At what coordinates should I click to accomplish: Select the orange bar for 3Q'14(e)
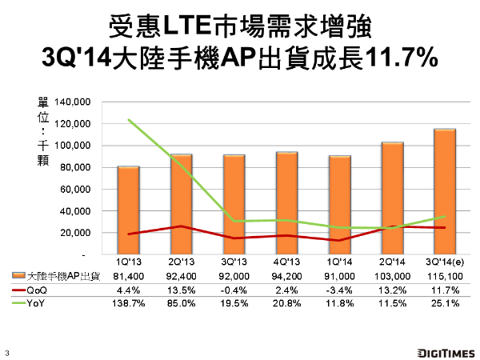(x=445, y=191)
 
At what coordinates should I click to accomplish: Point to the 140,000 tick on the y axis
(x=73, y=102)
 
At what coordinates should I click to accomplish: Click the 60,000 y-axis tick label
(x=75, y=190)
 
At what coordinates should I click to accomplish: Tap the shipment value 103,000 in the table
(x=392, y=276)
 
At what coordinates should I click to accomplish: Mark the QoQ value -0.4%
(x=234, y=290)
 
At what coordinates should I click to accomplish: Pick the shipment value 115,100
(x=445, y=276)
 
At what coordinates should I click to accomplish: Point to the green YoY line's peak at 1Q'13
(x=128, y=120)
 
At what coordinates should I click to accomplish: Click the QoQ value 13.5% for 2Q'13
(x=181, y=290)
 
